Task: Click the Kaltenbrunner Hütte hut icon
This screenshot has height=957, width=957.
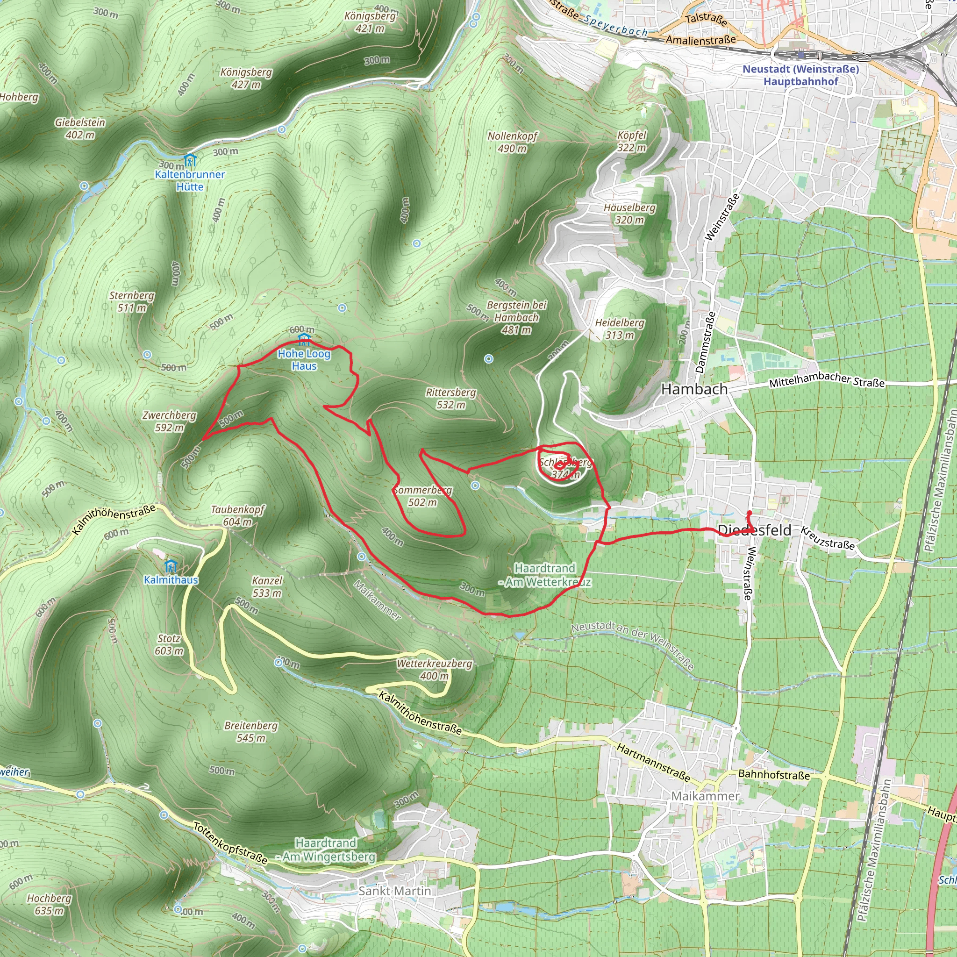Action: (x=190, y=160)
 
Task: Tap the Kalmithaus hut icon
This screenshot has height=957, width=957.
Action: (x=171, y=566)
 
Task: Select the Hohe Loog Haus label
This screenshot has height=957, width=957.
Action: (x=304, y=360)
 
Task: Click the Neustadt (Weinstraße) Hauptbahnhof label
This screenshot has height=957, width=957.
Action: (x=800, y=75)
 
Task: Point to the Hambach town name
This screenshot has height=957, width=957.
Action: (x=694, y=389)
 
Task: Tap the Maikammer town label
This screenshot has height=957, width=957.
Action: (x=705, y=796)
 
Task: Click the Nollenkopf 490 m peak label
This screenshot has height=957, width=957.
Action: (x=512, y=142)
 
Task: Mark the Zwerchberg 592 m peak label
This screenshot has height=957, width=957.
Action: (x=169, y=421)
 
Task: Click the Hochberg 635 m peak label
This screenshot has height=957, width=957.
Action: (x=49, y=905)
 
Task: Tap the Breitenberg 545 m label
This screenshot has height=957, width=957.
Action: (x=251, y=732)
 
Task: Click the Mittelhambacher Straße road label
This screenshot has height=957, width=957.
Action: (x=826, y=379)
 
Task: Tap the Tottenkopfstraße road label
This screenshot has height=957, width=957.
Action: (x=230, y=843)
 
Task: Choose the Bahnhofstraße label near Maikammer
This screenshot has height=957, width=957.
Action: (x=774, y=775)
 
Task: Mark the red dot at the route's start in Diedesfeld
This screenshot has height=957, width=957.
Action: (x=750, y=513)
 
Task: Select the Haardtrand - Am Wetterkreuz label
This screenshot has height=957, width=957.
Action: (x=545, y=575)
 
